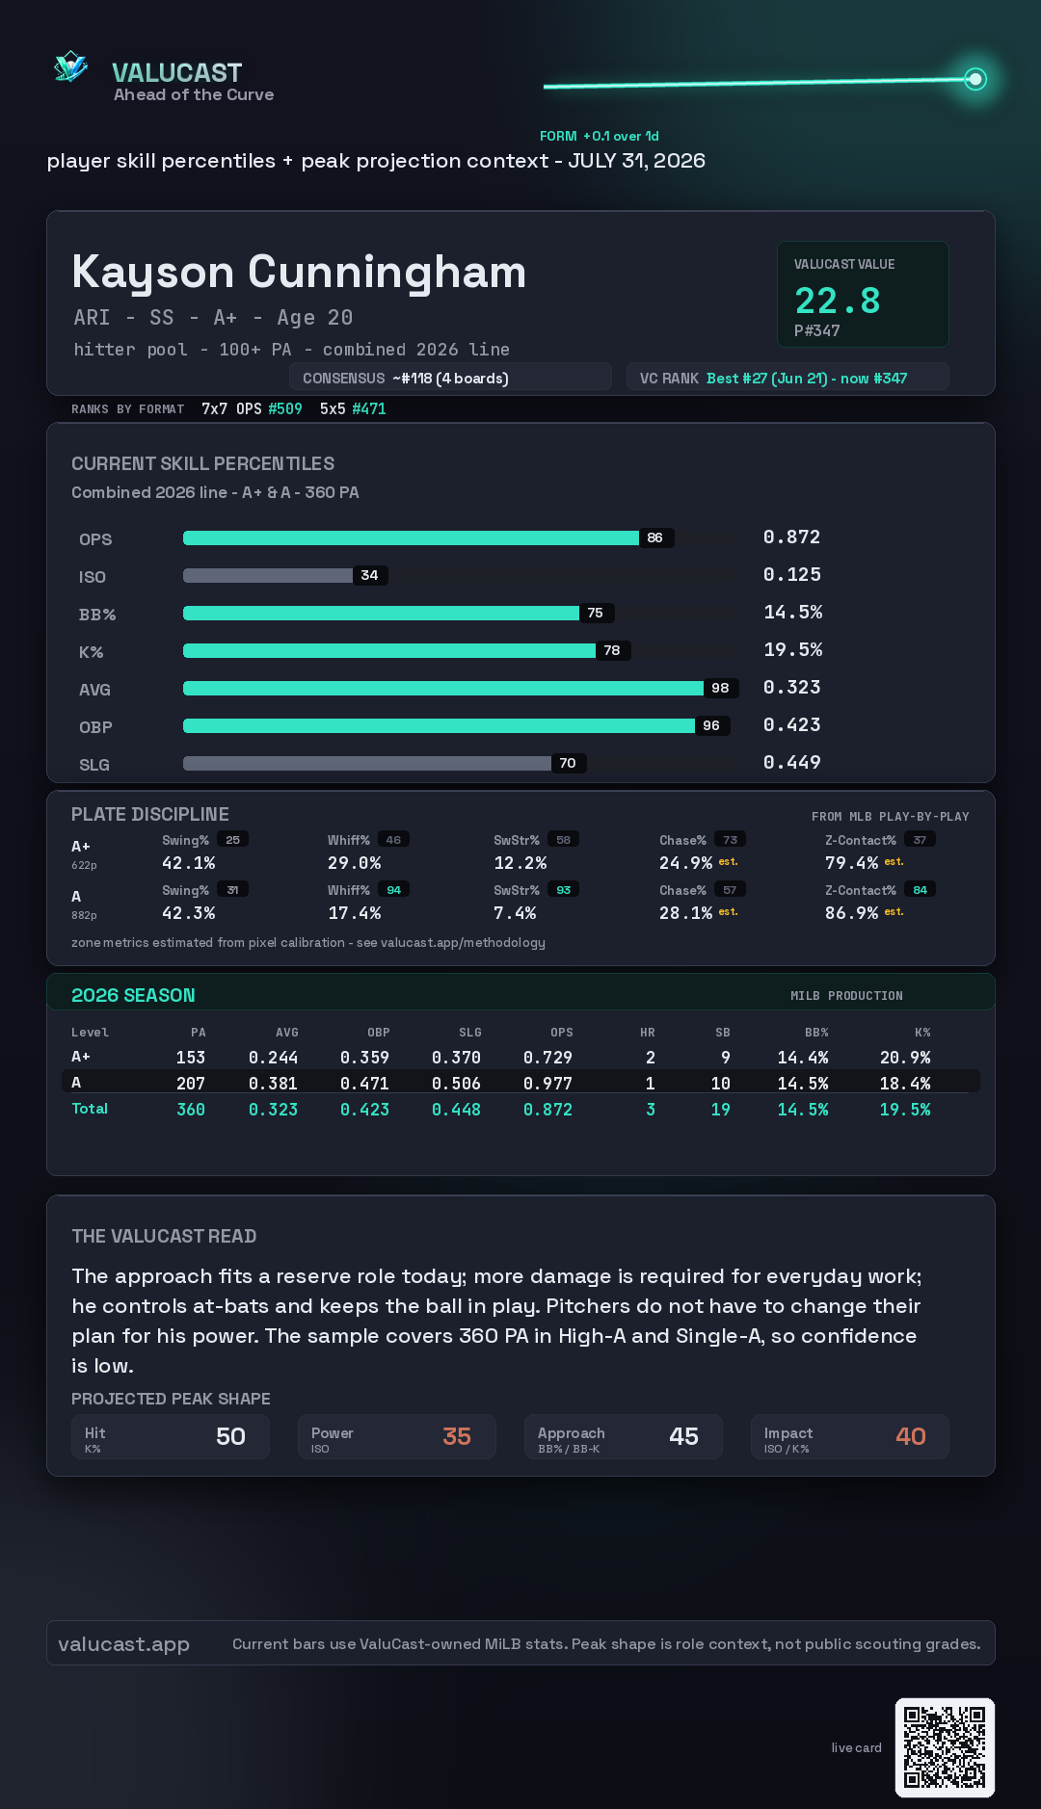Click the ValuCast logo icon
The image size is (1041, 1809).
pos(71,67)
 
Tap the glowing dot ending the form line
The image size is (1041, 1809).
pos(975,79)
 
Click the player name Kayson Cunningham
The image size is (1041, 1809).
pos(299,273)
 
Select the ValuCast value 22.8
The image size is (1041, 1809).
pos(838,301)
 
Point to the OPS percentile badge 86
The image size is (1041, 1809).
pos(655,537)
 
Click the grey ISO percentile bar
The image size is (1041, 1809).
pos(268,575)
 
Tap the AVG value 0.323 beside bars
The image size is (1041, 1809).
pos(792,687)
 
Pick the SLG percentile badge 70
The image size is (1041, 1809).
pos(568,763)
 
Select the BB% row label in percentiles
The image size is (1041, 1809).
pos(97,615)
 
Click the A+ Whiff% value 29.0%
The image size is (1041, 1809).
pos(355,863)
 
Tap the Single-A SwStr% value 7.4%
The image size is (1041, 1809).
pos(515,913)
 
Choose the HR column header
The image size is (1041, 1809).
pos(648,1033)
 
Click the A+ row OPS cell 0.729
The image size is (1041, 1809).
pos(547,1058)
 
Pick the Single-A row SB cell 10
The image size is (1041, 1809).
pos(720,1084)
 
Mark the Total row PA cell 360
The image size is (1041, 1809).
pos(191,1110)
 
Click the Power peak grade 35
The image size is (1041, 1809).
pos(457,1436)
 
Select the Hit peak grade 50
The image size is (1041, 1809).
pos(230,1436)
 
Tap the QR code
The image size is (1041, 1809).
pos(945,1747)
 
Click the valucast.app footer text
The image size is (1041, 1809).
pos(123,1644)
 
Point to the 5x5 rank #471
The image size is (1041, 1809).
pos(369,408)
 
